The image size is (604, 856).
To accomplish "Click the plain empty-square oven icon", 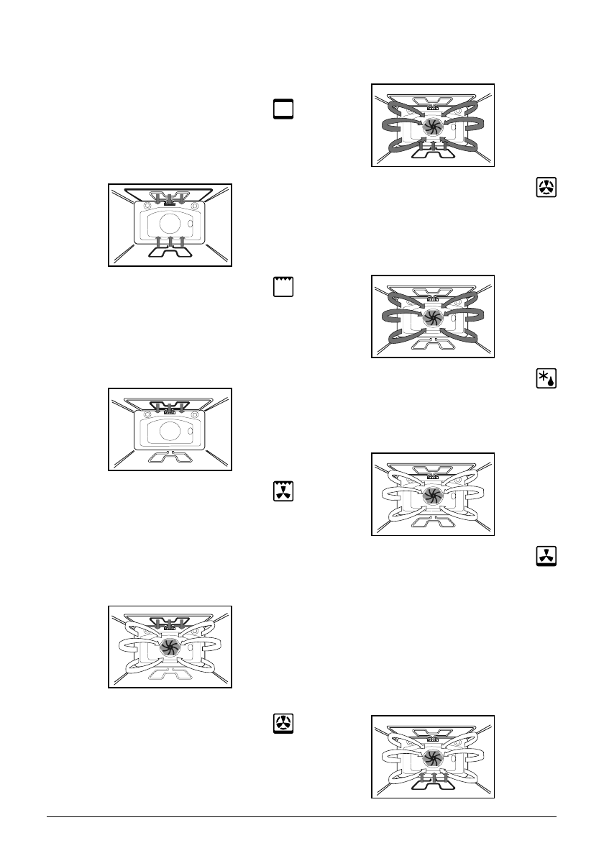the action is click(x=283, y=109).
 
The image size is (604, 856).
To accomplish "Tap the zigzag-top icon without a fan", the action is click(x=283, y=286).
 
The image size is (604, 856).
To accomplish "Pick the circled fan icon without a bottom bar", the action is click(x=546, y=188).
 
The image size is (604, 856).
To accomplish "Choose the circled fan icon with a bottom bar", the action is click(x=283, y=723).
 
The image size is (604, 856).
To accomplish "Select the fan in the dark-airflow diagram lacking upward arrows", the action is click(x=432, y=317).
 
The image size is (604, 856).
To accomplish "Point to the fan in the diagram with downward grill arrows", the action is click(x=169, y=645).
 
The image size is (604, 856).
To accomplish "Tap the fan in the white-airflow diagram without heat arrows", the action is click(x=432, y=494).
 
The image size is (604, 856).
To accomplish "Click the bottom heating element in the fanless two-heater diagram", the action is click(x=170, y=252).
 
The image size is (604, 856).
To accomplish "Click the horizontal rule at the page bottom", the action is click(x=302, y=816).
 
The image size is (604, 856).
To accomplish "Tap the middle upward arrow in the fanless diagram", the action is click(x=170, y=239).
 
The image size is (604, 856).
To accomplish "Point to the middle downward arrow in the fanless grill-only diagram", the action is click(x=170, y=408).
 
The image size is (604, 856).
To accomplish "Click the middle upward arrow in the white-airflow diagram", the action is click(x=433, y=777).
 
